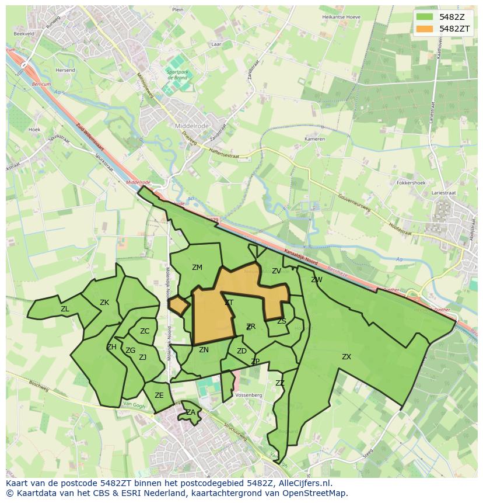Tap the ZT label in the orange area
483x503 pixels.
pyautogui.click(x=229, y=303)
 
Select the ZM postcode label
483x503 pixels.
pyautogui.click(x=197, y=268)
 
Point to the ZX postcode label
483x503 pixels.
pyautogui.click(x=346, y=357)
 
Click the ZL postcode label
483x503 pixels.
pyautogui.click(x=65, y=309)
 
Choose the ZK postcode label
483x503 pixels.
pyautogui.click(x=104, y=303)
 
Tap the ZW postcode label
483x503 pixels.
pyautogui.click(x=317, y=280)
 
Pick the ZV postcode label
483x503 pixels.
pyautogui.click(x=276, y=271)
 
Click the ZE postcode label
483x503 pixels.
pyautogui.click(x=159, y=396)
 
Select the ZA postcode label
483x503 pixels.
pyautogui.click(x=191, y=412)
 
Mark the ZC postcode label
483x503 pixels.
pyautogui.click(x=145, y=331)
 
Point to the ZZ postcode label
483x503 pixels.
pyautogui.click(x=280, y=383)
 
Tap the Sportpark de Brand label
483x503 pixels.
pyautogui.click(x=177, y=75)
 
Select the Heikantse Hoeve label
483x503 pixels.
pyautogui.click(x=341, y=17)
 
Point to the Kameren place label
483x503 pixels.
pyautogui.click(x=315, y=140)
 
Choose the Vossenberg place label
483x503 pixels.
pyautogui.click(x=249, y=396)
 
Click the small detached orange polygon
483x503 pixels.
pyautogui.click(x=178, y=304)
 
